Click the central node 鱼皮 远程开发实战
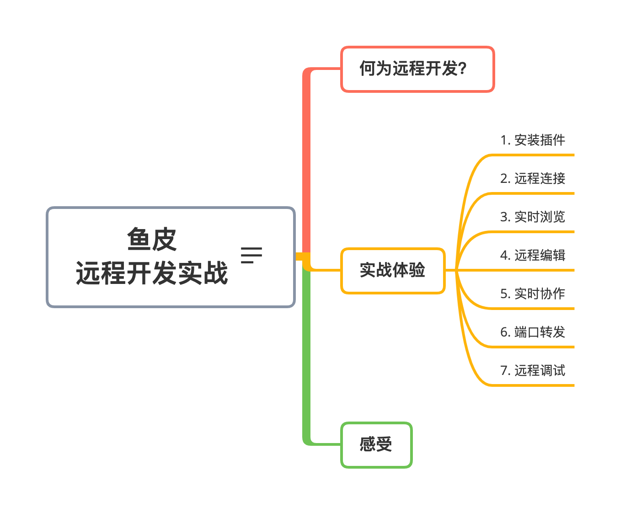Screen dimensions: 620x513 tap(171, 257)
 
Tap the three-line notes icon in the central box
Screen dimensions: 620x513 tap(251, 255)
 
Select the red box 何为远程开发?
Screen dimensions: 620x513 tap(417, 69)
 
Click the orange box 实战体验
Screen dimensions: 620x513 tap(393, 271)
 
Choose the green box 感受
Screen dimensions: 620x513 tap(376, 445)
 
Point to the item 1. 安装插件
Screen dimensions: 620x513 tap(532, 140)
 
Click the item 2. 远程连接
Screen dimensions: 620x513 tap(532, 178)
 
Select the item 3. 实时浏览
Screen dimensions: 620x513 tap(532, 217)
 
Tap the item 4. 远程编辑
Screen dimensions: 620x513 tap(532, 255)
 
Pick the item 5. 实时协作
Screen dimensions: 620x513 tap(532, 294)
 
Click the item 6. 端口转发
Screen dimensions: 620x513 tap(532, 332)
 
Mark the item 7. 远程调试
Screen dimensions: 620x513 tap(532, 370)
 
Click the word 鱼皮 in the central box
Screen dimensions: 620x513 tap(152, 239)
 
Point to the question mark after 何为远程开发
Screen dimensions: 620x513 tap(462, 69)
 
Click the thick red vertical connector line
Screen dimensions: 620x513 tap(306, 160)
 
